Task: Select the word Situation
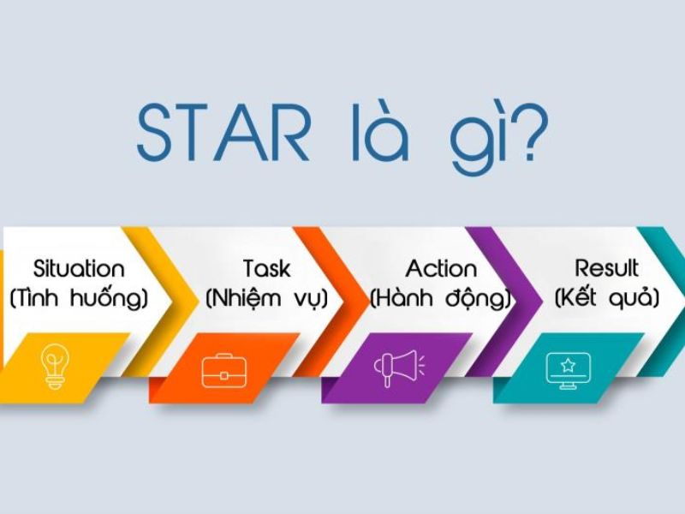coord(79,268)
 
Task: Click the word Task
coord(267,268)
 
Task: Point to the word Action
coord(441,268)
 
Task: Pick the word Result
coord(606,268)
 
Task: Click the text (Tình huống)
coord(79,298)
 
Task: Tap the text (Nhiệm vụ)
coord(267,298)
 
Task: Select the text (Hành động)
coord(441,298)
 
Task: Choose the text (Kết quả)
coord(607,297)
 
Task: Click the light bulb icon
coord(55,367)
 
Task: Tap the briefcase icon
coord(224,371)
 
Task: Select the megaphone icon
coord(399,368)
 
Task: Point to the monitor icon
coord(568,371)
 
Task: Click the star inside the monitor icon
coord(568,365)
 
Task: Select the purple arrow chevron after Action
coord(507,302)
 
